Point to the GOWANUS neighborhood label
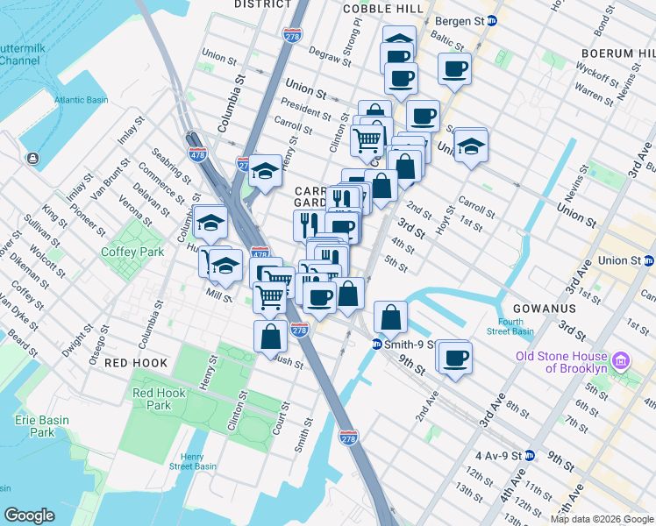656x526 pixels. coord(545,309)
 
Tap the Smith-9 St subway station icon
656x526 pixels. coord(375,345)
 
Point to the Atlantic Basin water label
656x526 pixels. coord(80,100)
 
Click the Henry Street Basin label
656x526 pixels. coord(192,461)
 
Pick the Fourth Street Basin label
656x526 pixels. coord(510,326)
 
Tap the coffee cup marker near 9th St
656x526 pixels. coord(456,357)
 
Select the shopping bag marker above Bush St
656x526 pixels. coord(270,337)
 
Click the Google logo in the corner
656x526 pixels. coord(29,515)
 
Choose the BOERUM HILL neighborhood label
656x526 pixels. coord(617,53)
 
